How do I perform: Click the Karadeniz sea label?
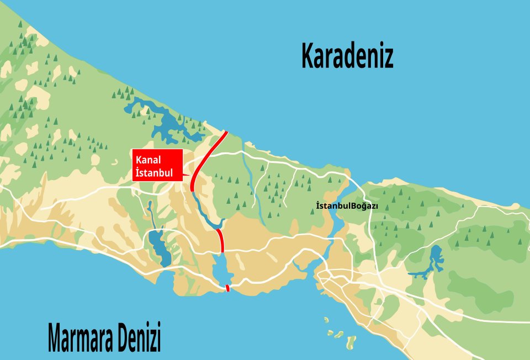pyautogui.click(x=347, y=56)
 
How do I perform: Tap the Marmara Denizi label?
pyautogui.click(x=104, y=338)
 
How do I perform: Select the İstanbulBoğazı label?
pyautogui.click(x=347, y=206)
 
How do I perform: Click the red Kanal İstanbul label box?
pyautogui.click(x=157, y=165)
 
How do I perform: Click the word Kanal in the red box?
pyautogui.click(x=148, y=160)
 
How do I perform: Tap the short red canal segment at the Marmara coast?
pyautogui.click(x=227, y=288)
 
